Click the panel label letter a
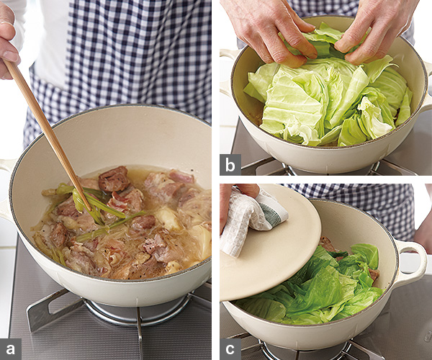click(x=11, y=349)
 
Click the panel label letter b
click(x=230, y=166)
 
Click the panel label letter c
click(x=230, y=349)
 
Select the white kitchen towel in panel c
click(x=248, y=220)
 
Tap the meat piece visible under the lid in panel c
click(x=326, y=244)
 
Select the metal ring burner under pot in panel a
click(x=138, y=314)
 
